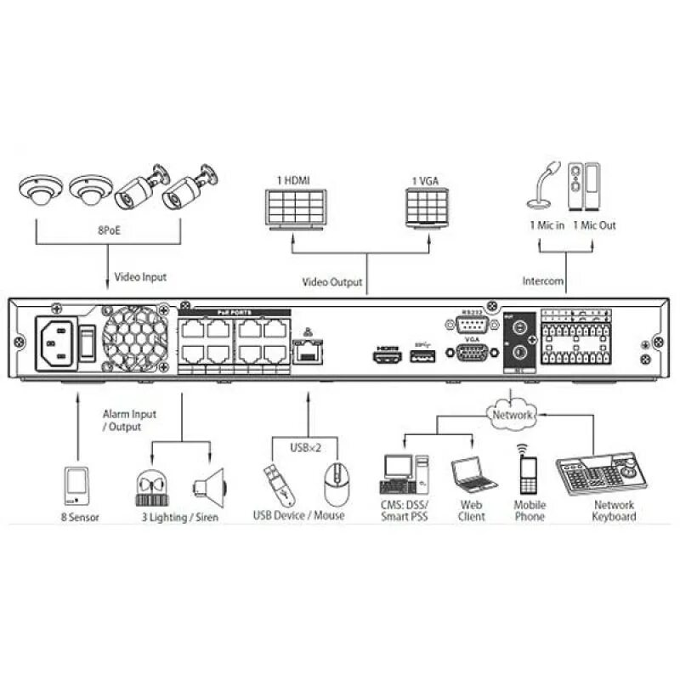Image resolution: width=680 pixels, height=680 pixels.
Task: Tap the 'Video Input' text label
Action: pyautogui.click(x=141, y=276)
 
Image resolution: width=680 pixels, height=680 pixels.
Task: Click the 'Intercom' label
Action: pyautogui.click(x=542, y=280)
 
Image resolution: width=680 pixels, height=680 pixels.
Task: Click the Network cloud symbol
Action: pyautogui.click(x=512, y=415)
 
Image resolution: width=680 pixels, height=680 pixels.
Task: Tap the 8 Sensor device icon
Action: pyautogui.click(x=76, y=484)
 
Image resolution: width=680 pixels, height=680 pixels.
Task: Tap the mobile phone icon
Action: pyautogui.click(x=528, y=473)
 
